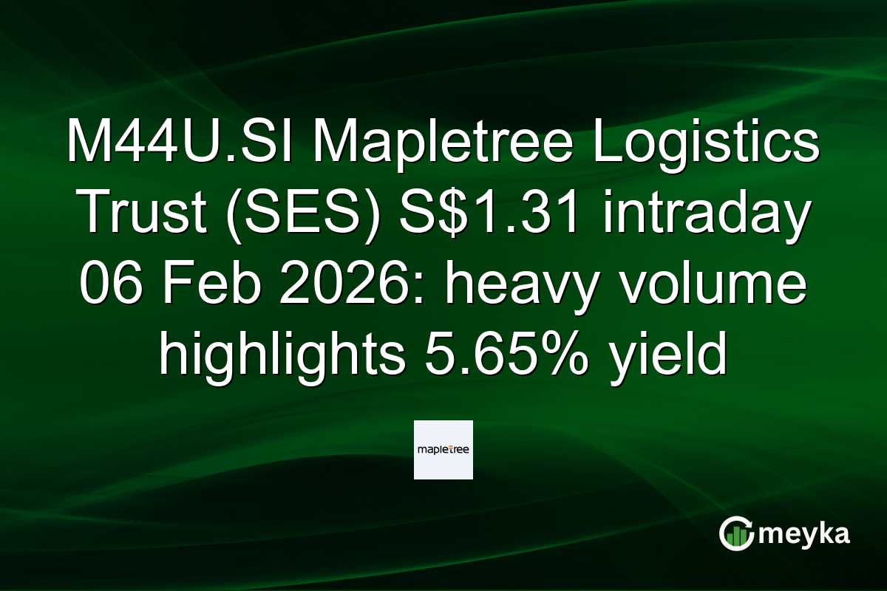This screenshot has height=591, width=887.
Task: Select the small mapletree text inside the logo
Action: pyautogui.click(x=443, y=450)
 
